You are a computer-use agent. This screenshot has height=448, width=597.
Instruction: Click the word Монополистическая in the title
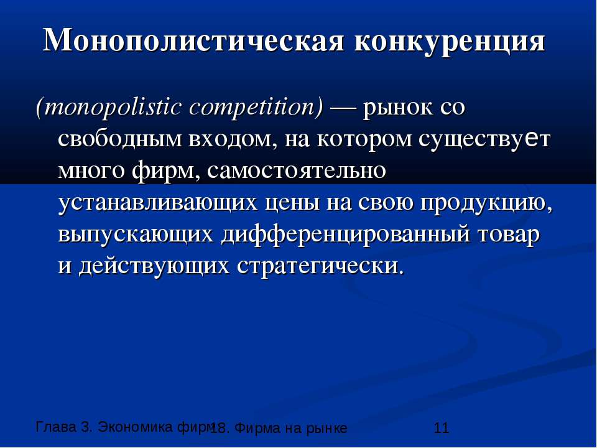tap(193, 40)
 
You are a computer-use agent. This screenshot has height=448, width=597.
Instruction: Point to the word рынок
tap(398, 108)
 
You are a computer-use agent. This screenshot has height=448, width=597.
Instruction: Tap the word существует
tap(484, 140)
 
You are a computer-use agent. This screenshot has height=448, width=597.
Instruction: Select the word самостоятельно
tap(297, 171)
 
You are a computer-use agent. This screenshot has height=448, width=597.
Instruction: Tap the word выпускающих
tap(136, 235)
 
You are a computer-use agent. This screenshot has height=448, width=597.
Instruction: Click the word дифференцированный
tap(345, 235)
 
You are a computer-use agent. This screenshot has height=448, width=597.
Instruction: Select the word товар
tap(509, 235)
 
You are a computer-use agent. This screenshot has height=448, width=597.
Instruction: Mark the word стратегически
tap(320, 266)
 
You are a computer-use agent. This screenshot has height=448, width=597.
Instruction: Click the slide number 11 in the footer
tap(442, 428)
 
